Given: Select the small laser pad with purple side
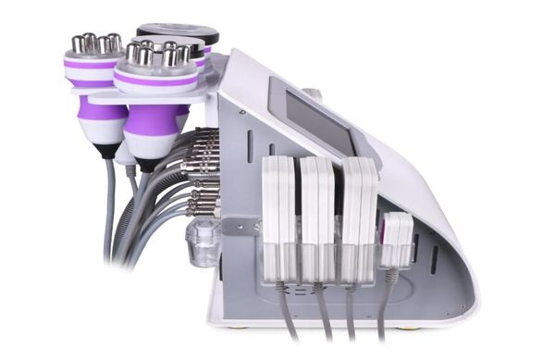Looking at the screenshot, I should [x=396, y=239].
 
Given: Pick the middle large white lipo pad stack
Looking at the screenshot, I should [x=316, y=219].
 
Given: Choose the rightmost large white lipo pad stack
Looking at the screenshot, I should [x=359, y=219].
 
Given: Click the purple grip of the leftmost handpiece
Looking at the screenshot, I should [x=101, y=111].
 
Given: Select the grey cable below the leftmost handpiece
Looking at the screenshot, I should [x=109, y=204].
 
